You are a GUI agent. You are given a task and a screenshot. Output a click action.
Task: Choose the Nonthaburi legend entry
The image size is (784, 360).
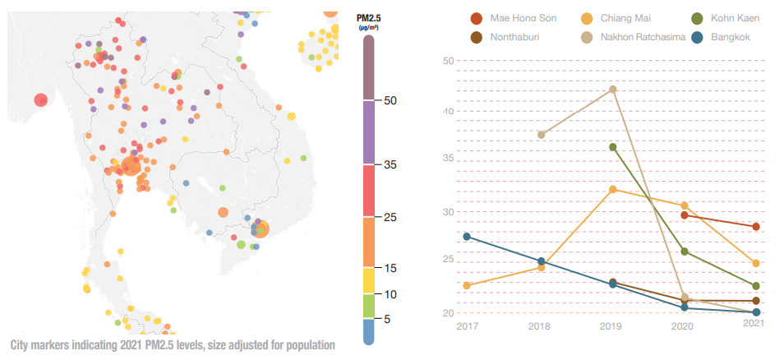(516, 37)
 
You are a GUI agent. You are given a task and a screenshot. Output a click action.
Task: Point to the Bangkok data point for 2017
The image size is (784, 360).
(467, 237)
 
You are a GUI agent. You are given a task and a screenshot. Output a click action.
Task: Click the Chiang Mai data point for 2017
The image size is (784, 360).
(467, 285)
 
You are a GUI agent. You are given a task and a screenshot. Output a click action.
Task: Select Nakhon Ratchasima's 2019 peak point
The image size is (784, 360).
(612, 89)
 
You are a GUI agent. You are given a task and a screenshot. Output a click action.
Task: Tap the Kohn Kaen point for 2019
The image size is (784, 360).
(612, 147)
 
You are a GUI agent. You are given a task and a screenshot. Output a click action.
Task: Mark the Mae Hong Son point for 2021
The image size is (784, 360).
(756, 227)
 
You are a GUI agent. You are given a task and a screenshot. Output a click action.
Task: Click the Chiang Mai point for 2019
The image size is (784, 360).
(612, 189)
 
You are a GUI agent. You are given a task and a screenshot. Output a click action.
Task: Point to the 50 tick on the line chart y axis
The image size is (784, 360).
(448, 61)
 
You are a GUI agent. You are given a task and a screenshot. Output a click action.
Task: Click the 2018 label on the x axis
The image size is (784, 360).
(540, 325)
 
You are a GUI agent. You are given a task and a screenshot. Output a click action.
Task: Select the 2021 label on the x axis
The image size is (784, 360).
(754, 324)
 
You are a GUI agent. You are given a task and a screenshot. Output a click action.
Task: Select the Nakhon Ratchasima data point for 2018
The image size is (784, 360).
(541, 135)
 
